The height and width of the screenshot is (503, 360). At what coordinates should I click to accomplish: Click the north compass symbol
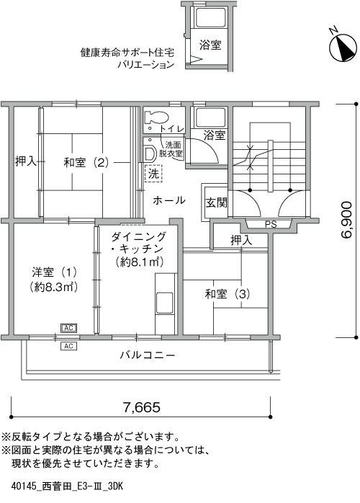pos(343,47)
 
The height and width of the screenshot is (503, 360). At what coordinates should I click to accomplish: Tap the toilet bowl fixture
pos(156,117)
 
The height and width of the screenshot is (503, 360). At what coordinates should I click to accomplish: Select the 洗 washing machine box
pos(153,174)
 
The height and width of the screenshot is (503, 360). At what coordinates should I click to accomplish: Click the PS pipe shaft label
pos(271,225)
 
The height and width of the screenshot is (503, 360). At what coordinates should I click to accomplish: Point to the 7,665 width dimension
pos(141,407)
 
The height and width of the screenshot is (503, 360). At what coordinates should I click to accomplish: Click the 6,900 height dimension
pos(346,219)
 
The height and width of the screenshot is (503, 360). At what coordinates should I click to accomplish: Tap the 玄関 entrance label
pos(217,202)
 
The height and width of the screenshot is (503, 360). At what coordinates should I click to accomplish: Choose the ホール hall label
pos(169,200)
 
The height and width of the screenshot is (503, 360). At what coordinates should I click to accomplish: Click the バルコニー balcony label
pos(148,355)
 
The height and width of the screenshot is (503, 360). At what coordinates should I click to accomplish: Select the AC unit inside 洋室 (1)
pos(69,328)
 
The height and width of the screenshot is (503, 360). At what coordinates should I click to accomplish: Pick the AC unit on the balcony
pos(69,346)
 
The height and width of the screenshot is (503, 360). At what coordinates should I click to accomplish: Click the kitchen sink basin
pos(165,303)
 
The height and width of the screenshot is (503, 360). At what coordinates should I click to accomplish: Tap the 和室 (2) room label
pos(86,163)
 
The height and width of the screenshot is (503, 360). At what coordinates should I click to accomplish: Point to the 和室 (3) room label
pos(228,294)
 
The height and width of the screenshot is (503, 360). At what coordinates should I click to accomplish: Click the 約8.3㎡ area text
pos(54,287)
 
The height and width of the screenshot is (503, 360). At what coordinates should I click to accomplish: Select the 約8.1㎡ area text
pos(140,262)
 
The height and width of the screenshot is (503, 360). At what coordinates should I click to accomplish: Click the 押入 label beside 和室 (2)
pos(26,161)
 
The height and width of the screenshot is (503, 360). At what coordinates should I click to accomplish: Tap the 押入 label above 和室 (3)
pos(241,240)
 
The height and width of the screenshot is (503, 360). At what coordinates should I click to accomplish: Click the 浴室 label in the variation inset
pos(210,45)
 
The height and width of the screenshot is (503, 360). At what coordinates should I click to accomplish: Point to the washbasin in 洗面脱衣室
pos(149,153)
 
